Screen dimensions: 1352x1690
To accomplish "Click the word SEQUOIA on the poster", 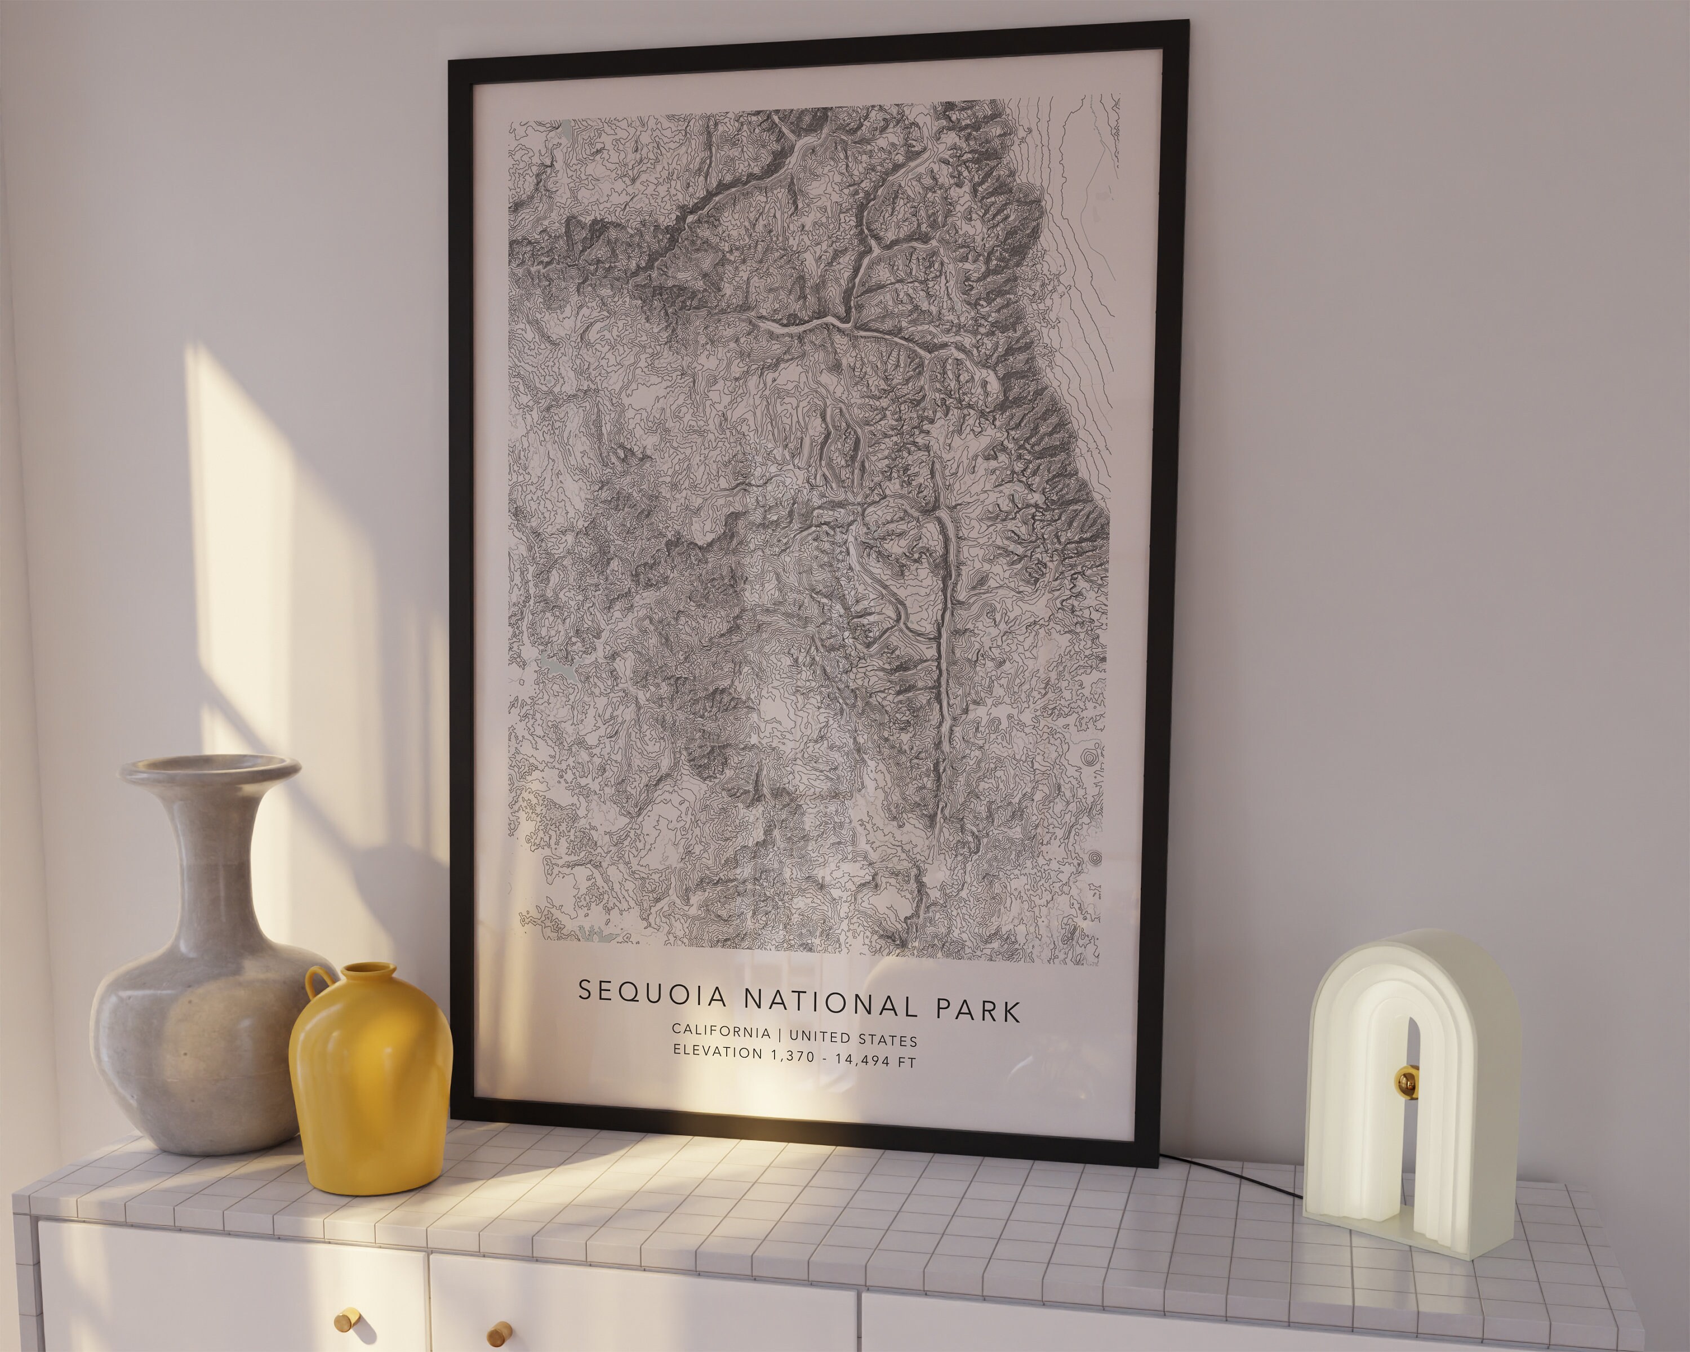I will tap(653, 993).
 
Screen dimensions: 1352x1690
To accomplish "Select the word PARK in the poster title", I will tap(979, 1011).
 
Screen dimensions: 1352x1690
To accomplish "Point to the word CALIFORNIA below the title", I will tap(721, 1031).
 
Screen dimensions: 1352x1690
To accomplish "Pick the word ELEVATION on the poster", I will tap(717, 1051).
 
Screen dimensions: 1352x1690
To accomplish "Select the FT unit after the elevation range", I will tap(906, 1062).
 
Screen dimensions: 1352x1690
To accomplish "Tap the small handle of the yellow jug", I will tap(318, 984).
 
